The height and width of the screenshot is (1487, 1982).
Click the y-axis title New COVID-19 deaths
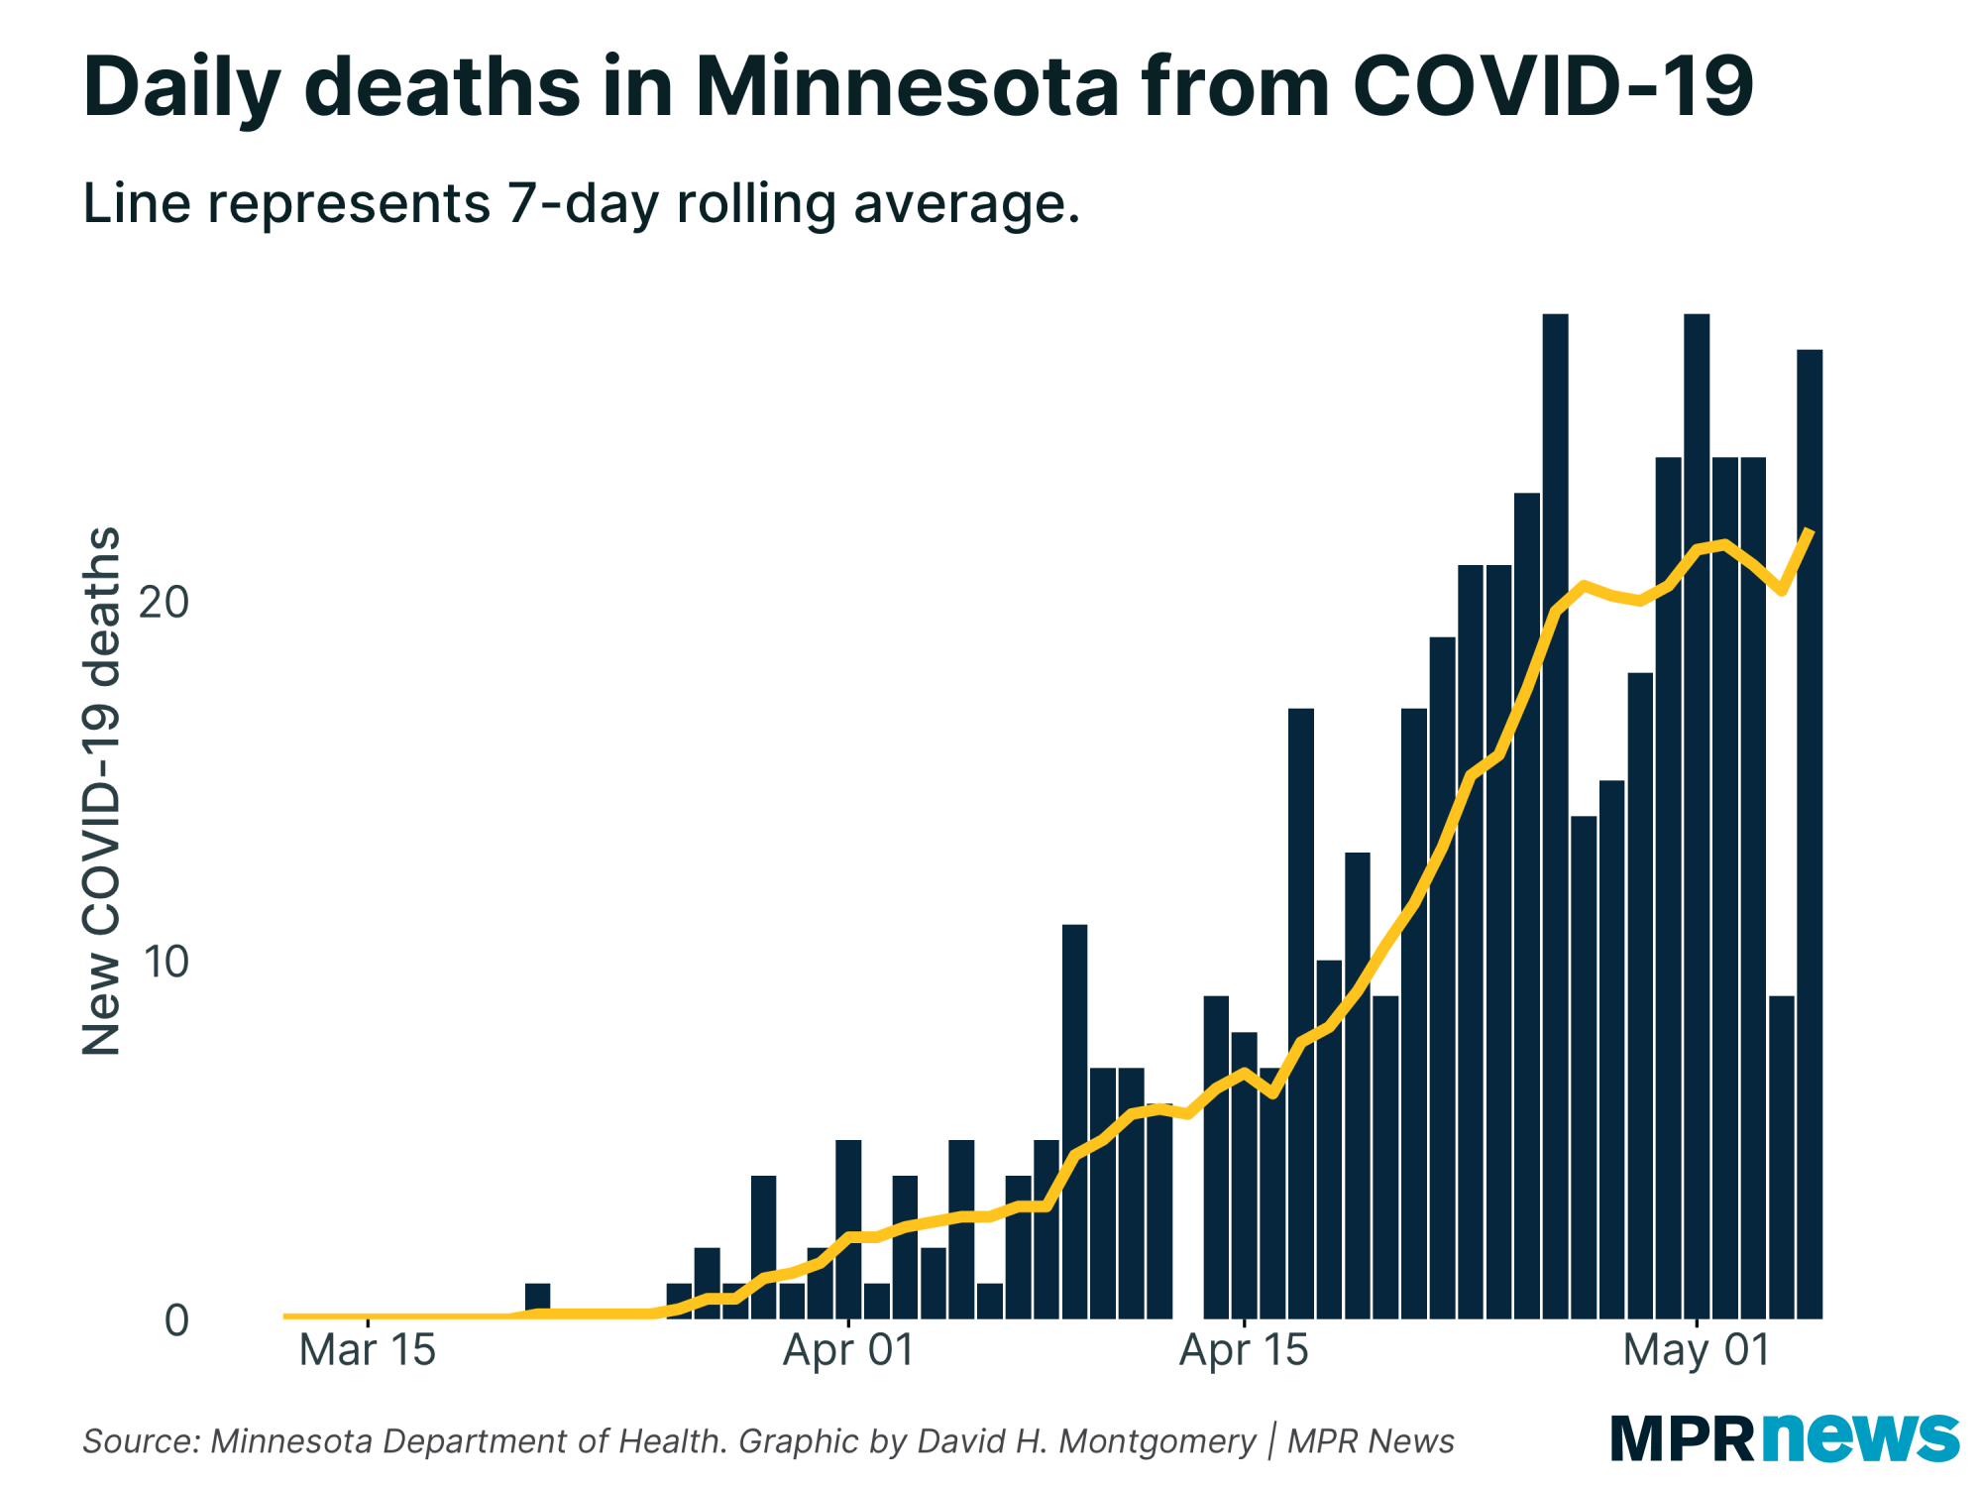(101, 791)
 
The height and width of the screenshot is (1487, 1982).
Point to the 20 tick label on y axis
(164, 602)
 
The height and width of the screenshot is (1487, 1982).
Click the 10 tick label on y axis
(164, 962)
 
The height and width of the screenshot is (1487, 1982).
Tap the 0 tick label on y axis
(176, 1320)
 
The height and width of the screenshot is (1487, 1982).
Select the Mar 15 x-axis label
(367, 1351)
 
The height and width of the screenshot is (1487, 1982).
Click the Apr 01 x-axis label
(848, 1351)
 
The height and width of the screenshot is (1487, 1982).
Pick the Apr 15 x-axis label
(1244, 1351)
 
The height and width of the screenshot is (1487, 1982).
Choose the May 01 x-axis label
(1696, 1351)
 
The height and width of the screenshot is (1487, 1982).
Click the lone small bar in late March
(537, 1301)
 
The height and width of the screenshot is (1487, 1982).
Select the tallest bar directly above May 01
(1697, 813)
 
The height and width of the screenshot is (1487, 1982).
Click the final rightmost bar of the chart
(1810, 833)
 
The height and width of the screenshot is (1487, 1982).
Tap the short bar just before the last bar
(1781, 1156)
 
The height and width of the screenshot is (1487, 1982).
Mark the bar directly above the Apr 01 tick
(848, 1229)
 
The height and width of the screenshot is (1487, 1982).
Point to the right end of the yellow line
(1811, 532)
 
